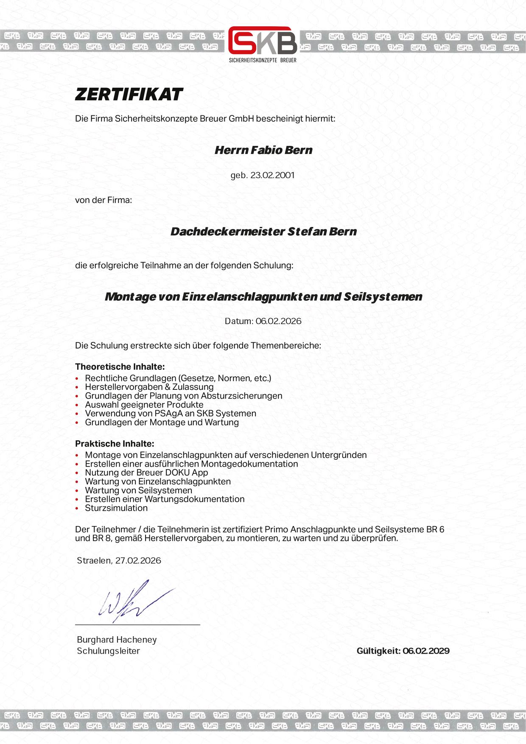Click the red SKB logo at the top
(x=263, y=41)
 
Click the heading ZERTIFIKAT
(x=129, y=94)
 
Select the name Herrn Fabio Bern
(x=263, y=150)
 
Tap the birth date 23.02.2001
(x=272, y=175)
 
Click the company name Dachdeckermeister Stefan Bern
(x=263, y=232)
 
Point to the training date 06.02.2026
(x=278, y=321)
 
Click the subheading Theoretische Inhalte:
(x=120, y=366)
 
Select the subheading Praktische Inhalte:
(x=115, y=444)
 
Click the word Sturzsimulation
(x=116, y=508)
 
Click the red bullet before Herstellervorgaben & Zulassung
(x=77, y=387)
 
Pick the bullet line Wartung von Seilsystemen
(x=138, y=490)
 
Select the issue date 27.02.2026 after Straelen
(x=138, y=560)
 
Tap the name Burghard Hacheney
(x=117, y=640)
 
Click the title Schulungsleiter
(x=108, y=651)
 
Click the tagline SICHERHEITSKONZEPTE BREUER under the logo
(x=263, y=60)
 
